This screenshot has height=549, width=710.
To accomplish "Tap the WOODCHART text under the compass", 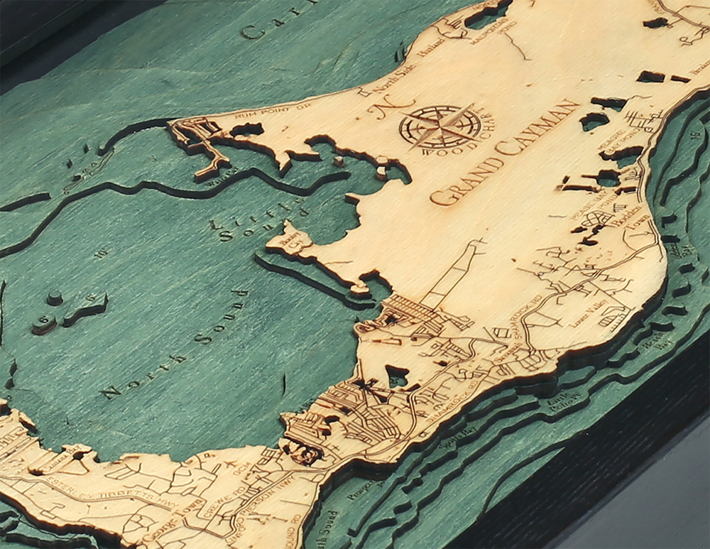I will click(447, 150).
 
